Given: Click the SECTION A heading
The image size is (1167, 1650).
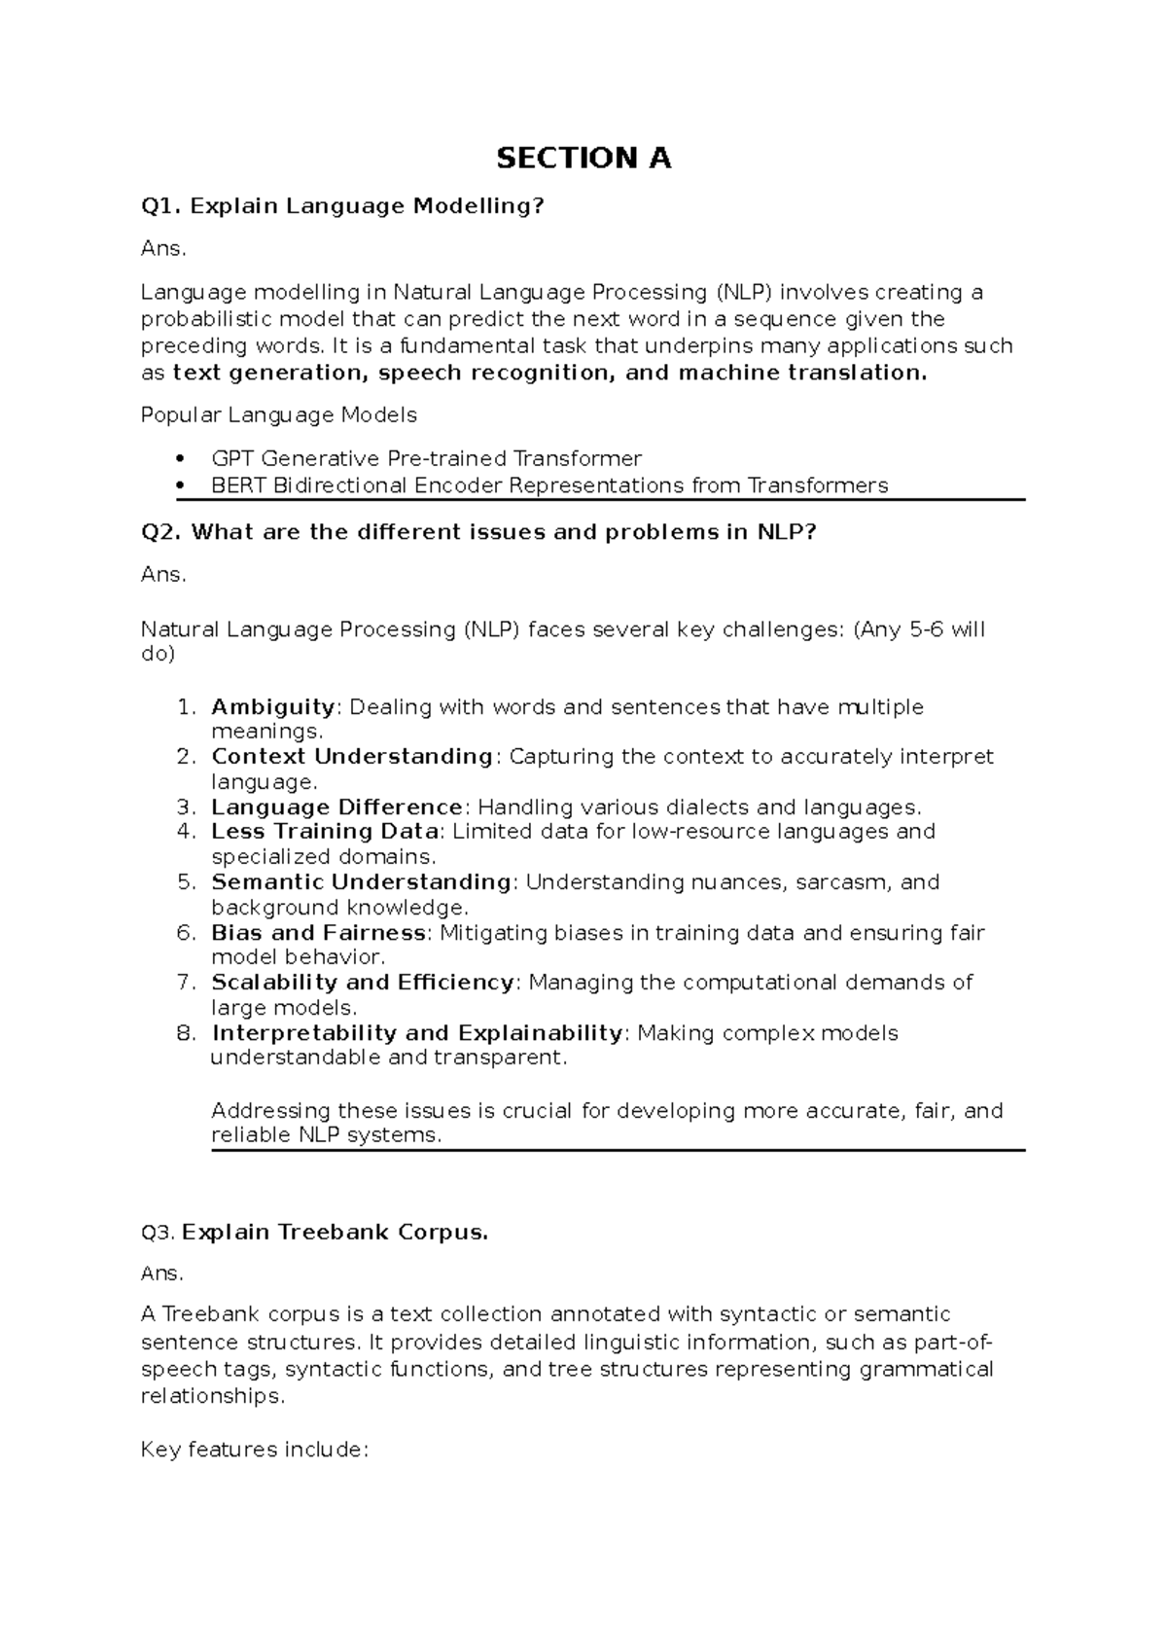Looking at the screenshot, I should tap(583, 158).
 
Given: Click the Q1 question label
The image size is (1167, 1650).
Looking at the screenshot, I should tap(160, 206).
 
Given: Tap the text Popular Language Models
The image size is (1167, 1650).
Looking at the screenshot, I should tap(278, 415).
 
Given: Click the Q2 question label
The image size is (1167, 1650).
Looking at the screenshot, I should tap(161, 532).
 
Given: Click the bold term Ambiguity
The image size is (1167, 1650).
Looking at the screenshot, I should tap(272, 706).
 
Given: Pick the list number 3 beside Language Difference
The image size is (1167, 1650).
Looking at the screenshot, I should tap(186, 807).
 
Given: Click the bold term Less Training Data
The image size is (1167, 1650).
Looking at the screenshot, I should tap(325, 832).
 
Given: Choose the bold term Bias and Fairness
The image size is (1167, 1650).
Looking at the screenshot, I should tap(318, 933).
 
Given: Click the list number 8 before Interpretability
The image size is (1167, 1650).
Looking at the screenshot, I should tap(186, 1032).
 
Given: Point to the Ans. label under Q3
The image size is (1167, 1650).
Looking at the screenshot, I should tap(161, 1273).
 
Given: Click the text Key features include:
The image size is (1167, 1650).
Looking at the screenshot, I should tap(255, 1450).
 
